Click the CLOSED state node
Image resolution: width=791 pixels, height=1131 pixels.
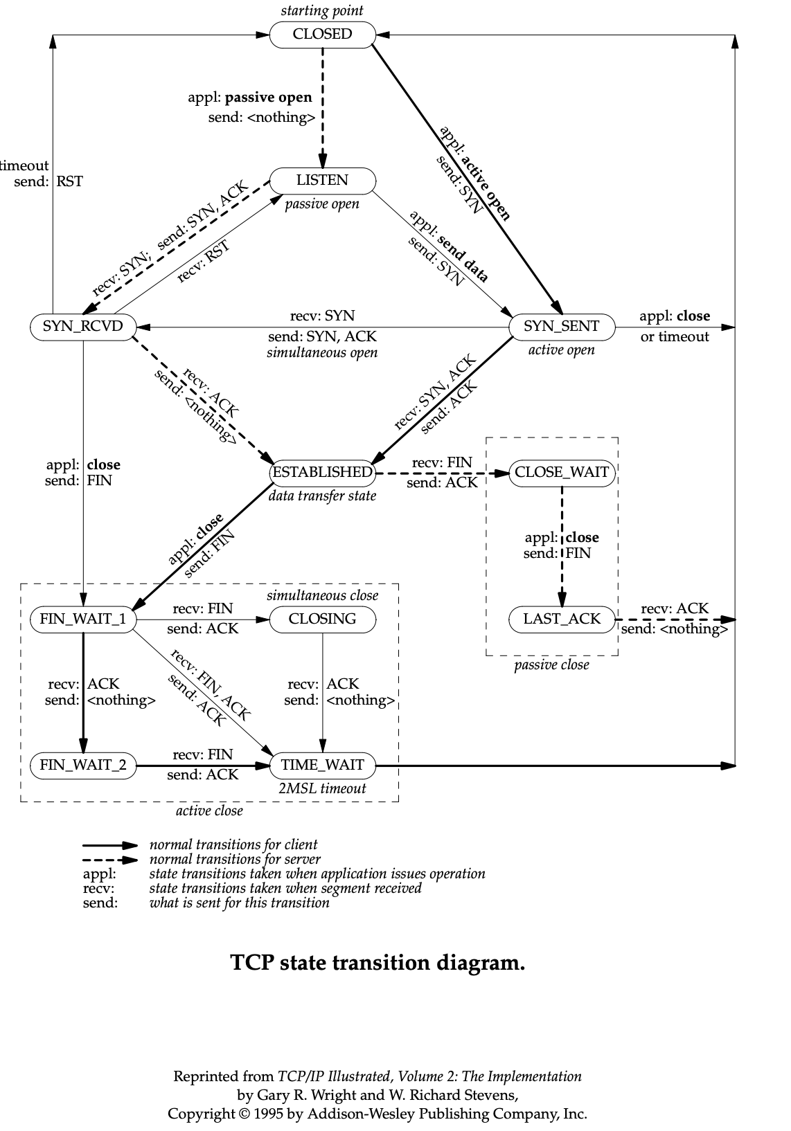coord(322,35)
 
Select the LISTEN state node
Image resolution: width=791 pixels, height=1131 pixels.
coord(322,181)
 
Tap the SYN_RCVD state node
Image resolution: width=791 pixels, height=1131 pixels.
coord(82,327)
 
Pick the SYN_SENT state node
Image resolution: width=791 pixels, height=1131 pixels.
coord(561,327)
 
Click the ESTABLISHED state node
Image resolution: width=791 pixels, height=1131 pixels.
coord(322,473)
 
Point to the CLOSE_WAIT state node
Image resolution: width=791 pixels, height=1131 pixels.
coord(562,473)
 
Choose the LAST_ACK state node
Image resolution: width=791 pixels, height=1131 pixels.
coord(562,619)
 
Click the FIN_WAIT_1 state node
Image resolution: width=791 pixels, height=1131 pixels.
coord(82,619)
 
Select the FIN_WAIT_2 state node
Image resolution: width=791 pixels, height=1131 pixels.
coord(82,766)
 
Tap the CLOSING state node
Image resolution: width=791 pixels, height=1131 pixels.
coord(322,619)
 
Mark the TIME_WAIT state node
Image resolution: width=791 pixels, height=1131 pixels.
coord(322,766)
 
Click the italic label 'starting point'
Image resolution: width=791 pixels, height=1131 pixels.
coord(322,10)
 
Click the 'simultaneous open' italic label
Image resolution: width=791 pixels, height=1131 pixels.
coord(322,353)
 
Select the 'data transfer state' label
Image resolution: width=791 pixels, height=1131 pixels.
coord(323,496)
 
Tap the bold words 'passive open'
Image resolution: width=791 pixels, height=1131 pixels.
coord(269,98)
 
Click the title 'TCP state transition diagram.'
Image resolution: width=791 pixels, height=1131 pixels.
coord(377,963)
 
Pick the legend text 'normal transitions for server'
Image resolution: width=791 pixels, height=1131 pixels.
coord(235,859)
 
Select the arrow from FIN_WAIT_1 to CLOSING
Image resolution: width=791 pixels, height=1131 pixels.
coord(201,619)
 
